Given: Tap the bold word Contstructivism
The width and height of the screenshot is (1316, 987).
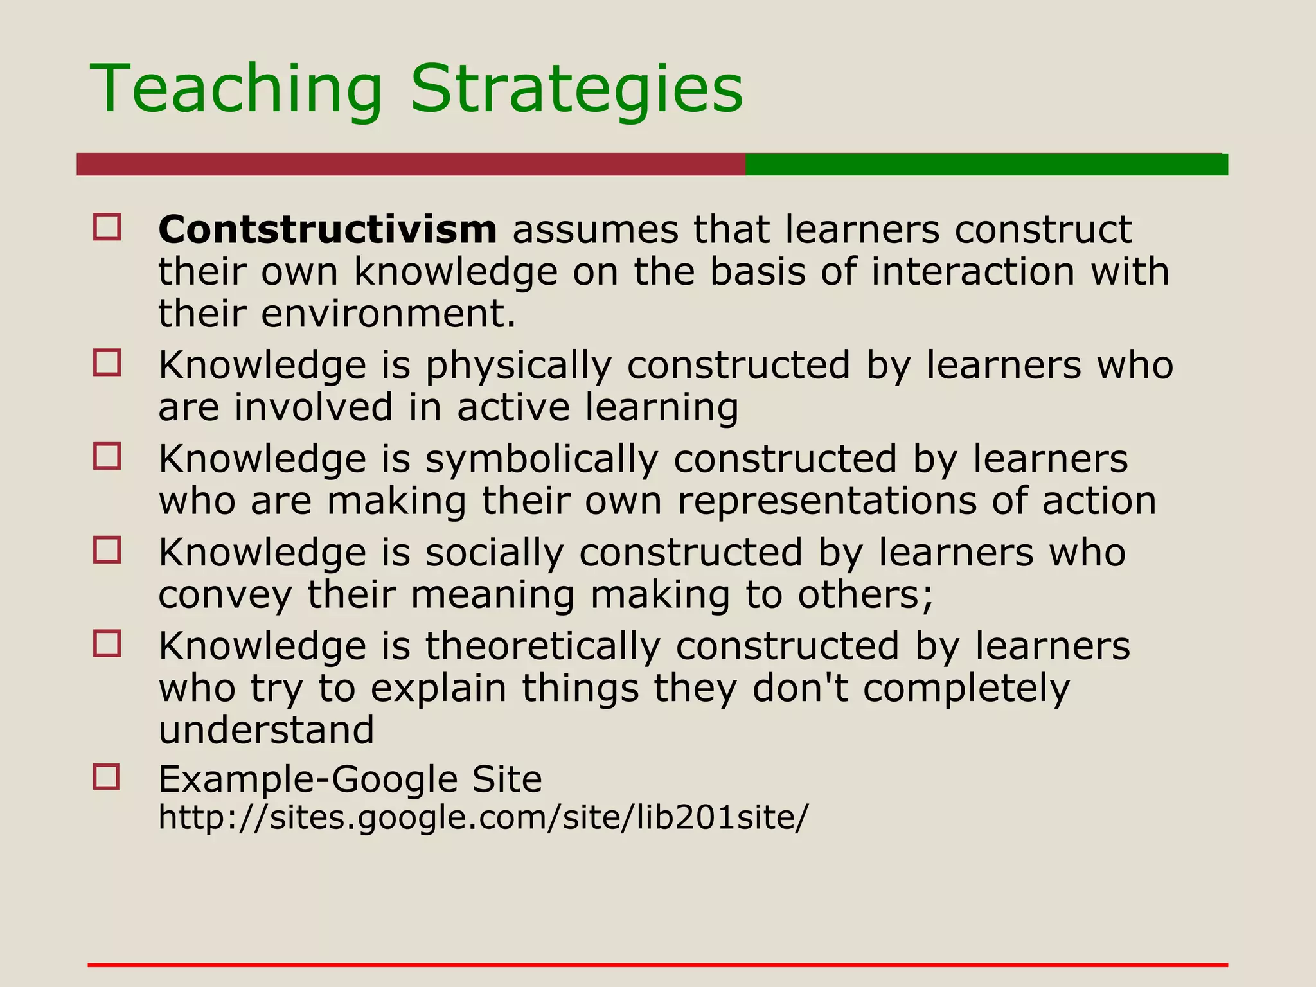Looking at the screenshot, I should pyautogui.click(x=328, y=229).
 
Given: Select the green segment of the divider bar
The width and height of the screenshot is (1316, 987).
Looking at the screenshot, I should pyautogui.click(x=986, y=164).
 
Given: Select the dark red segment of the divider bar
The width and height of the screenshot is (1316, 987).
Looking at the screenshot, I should pyautogui.click(x=411, y=164).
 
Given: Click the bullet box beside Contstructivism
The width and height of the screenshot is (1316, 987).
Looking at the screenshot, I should pyautogui.click(x=107, y=227).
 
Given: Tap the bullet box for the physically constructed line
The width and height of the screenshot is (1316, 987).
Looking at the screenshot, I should pyautogui.click(x=107, y=362).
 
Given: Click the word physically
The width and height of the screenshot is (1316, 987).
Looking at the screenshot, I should pyautogui.click(x=518, y=366).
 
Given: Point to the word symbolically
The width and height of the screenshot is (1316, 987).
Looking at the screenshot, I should pyautogui.click(x=541, y=459).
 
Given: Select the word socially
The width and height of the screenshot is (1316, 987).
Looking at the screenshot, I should pyautogui.click(x=494, y=553).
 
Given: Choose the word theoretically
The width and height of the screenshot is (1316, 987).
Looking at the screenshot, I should pyautogui.click(x=542, y=646).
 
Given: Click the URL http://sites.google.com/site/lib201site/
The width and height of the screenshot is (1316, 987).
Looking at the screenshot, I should pyautogui.click(x=483, y=817).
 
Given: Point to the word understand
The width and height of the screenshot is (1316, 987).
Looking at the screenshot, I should pyautogui.click(x=266, y=731).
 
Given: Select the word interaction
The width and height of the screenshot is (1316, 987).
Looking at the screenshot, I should pyautogui.click(x=973, y=272).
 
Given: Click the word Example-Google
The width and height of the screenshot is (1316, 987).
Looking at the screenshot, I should pyautogui.click(x=308, y=779).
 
